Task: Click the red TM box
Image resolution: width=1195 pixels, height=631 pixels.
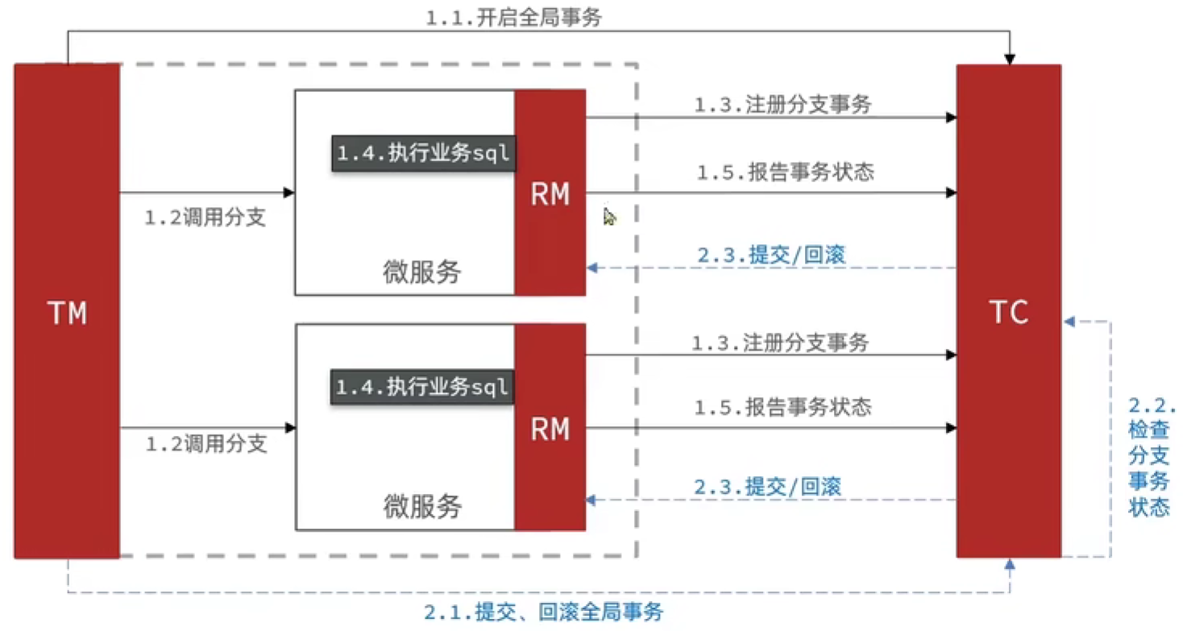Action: pyautogui.click(x=67, y=311)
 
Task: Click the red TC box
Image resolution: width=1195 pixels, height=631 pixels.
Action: pyautogui.click(x=1008, y=311)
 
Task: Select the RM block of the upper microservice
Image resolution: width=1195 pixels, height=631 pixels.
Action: pyautogui.click(x=550, y=193)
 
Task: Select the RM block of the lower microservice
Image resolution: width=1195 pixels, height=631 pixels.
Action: pyautogui.click(x=550, y=427)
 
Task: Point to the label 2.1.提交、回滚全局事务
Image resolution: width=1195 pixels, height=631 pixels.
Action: pyautogui.click(x=544, y=612)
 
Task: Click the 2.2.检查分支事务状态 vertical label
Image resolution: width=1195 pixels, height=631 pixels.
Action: pyautogui.click(x=1148, y=457)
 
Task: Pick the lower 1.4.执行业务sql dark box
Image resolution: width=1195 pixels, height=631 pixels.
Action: pyautogui.click(x=422, y=388)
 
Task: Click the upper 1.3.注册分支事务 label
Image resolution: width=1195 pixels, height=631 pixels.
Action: pyautogui.click(x=782, y=105)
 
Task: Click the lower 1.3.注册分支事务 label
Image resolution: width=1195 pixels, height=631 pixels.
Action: pyautogui.click(x=780, y=343)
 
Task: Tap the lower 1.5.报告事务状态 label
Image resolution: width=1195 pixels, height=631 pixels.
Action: pyautogui.click(x=783, y=406)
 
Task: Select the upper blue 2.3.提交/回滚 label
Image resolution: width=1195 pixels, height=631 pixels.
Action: pyautogui.click(x=770, y=255)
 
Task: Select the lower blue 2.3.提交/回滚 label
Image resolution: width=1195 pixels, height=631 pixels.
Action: pyautogui.click(x=767, y=487)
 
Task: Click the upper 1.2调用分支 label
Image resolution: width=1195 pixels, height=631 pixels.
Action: pyautogui.click(x=205, y=218)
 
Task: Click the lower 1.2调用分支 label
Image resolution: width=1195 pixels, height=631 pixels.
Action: pyautogui.click(x=205, y=444)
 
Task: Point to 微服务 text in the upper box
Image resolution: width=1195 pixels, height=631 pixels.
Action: pyautogui.click(x=421, y=272)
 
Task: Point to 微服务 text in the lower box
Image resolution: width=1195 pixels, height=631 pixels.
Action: pyautogui.click(x=421, y=506)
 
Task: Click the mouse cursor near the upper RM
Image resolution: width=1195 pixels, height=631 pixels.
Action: pyautogui.click(x=609, y=217)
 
